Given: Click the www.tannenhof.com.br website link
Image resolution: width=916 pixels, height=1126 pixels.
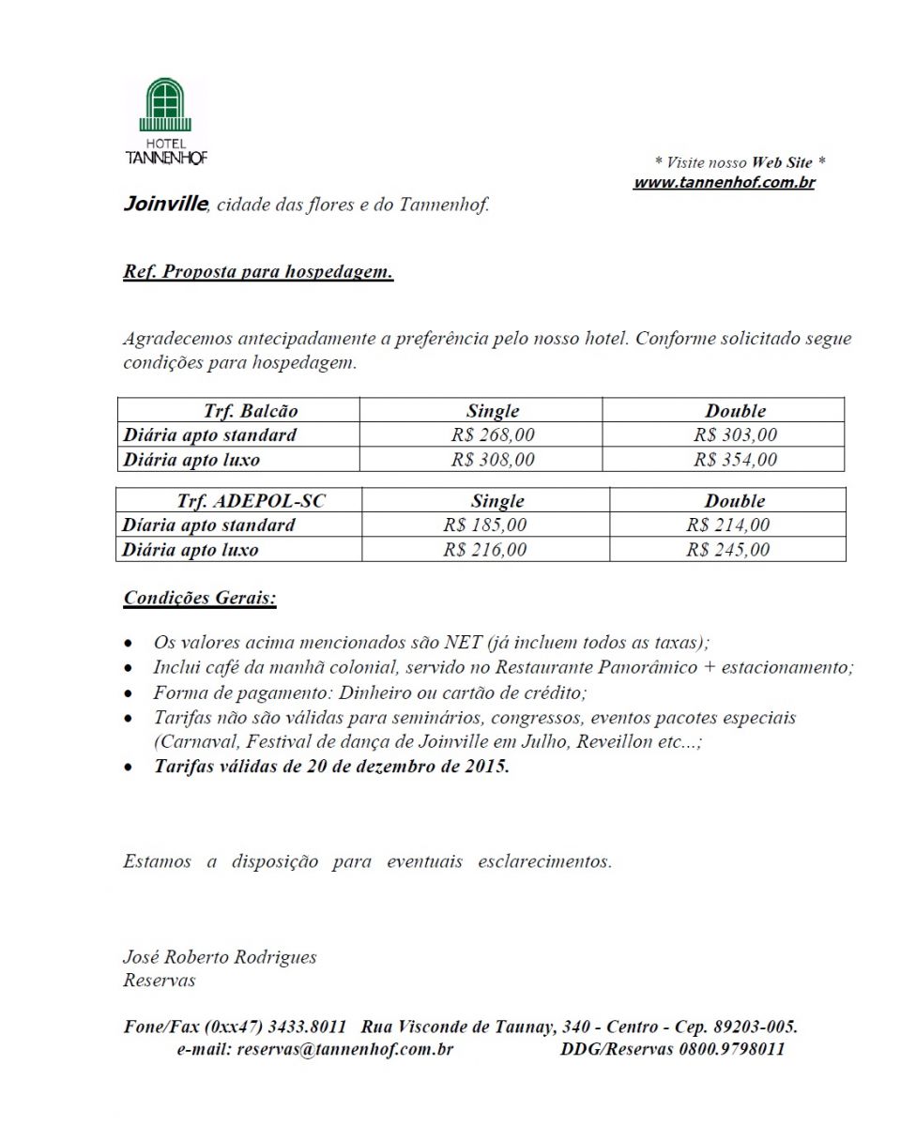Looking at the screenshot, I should point(724,183).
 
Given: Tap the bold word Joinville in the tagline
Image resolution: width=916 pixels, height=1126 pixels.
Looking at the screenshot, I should point(164,204).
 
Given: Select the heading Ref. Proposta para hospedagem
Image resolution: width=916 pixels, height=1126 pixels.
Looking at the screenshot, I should point(258,273).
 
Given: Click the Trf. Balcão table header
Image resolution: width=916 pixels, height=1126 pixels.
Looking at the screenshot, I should point(251,411).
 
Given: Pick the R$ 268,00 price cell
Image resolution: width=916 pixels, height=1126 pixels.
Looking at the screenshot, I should point(493,435).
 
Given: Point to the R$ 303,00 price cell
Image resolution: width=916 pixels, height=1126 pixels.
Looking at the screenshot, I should point(735,435).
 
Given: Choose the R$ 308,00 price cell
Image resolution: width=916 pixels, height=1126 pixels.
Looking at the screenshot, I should point(493,460).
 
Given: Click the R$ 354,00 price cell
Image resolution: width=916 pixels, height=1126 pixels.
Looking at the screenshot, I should point(735,460).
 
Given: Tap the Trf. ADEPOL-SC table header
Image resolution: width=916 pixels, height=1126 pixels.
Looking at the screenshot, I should point(252,501).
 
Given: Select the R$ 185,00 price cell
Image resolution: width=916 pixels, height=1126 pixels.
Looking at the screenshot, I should point(485,525).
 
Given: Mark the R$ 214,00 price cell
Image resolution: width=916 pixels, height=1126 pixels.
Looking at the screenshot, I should point(727,525).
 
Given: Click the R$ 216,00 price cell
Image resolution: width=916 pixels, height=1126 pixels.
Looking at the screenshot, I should point(485,550).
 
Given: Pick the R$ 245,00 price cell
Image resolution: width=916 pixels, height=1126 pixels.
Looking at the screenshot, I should point(727,550).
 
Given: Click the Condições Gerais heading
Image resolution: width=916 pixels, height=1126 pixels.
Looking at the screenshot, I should point(200,598).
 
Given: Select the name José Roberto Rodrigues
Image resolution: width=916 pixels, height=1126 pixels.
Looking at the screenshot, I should point(220,958).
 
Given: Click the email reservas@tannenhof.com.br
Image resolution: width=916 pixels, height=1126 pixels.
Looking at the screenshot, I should point(345,1049).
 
